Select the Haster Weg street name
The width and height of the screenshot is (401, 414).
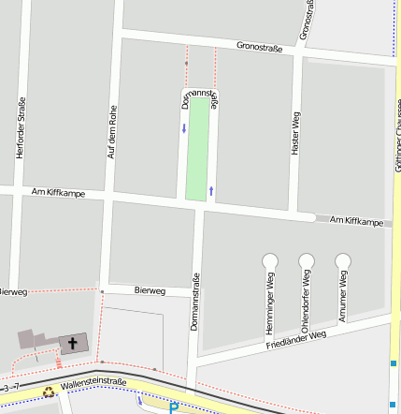[x=295, y=132]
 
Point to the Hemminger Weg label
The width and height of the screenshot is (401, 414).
[x=270, y=303]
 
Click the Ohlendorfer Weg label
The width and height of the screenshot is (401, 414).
[x=306, y=302]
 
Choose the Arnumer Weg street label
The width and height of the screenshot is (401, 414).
[x=343, y=297]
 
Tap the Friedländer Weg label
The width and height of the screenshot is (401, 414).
[x=295, y=338]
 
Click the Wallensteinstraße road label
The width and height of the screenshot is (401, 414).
[x=93, y=382]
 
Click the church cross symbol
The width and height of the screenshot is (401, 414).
[x=73, y=344]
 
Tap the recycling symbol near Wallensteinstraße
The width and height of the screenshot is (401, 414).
[x=49, y=392]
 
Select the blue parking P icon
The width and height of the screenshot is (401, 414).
[x=173, y=407]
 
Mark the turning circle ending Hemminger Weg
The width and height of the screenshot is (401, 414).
[x=270, y=259]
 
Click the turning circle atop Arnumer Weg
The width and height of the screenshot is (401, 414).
[x=343, y=259]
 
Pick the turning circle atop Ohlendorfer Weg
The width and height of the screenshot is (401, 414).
[x=307, y=259]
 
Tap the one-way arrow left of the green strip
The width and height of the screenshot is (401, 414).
[x=184, y=127]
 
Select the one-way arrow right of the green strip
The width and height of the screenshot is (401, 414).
[x=211, y=190]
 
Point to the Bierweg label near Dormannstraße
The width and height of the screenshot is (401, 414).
[x=149, y=290]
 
